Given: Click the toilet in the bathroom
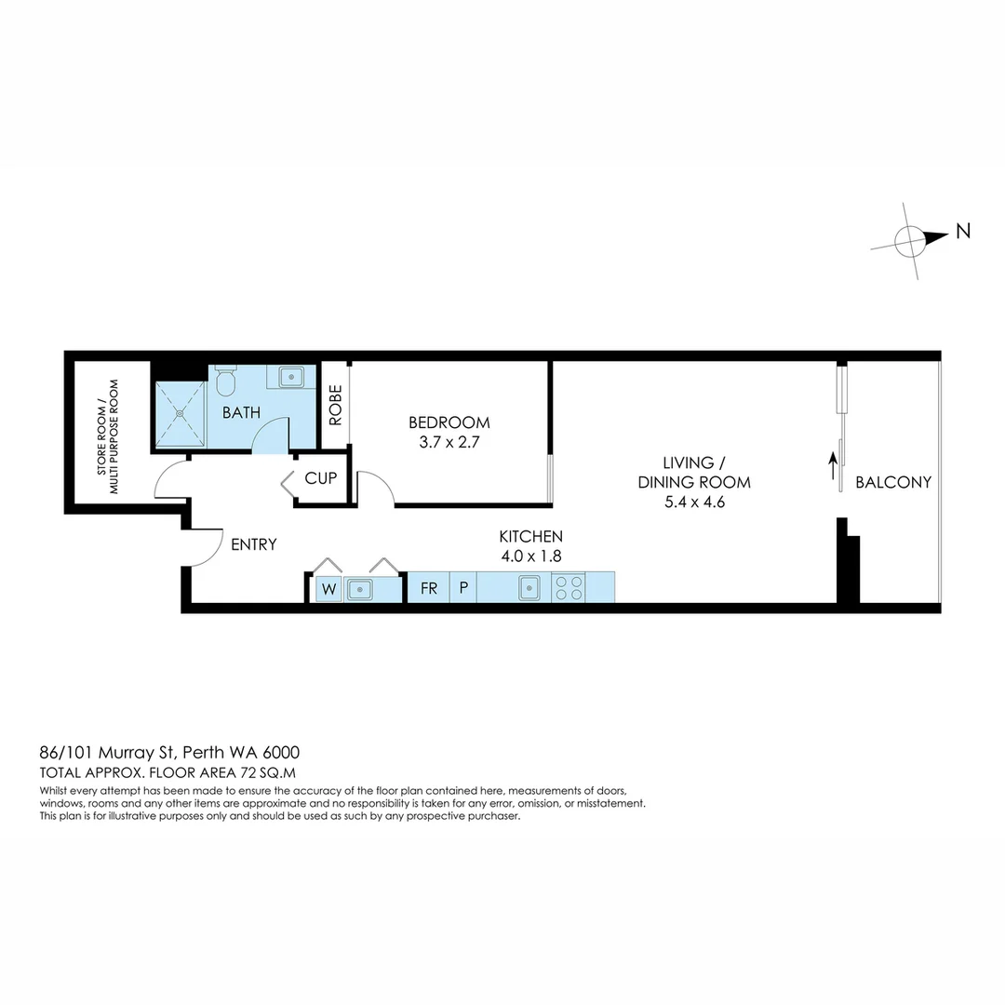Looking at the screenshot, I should click(x=225, y=382).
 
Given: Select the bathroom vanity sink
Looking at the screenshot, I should click(x=291, y=377).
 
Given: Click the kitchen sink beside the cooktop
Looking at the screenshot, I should click(x=529, y=587).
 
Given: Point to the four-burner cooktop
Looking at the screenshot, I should click(x=569, y=587).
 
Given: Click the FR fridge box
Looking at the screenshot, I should click(x=429, y=588).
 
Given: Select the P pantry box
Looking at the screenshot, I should click(x=463, y=588).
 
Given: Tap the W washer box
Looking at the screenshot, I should click(x=328, y=589).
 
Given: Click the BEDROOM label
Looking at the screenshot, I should click(x=449, y=422).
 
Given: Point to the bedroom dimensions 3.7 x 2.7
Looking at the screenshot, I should click(x=449, y=442).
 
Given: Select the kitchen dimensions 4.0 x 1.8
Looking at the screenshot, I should click(x=530, y=556).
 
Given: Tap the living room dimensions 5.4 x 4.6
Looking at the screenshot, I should click(x=693, y=502).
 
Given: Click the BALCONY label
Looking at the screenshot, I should click(x=892, y=482).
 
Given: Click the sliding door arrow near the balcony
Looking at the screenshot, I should click(x=834, y=465).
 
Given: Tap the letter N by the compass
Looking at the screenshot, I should click(x=963, y=232).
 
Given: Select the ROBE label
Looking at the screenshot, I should click(x=335, y=405).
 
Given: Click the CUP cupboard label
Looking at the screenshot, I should click(x=320, y=479).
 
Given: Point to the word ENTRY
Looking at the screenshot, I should click(x=253, y=544).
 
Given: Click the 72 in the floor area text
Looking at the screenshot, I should click(x=247, y=772).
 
